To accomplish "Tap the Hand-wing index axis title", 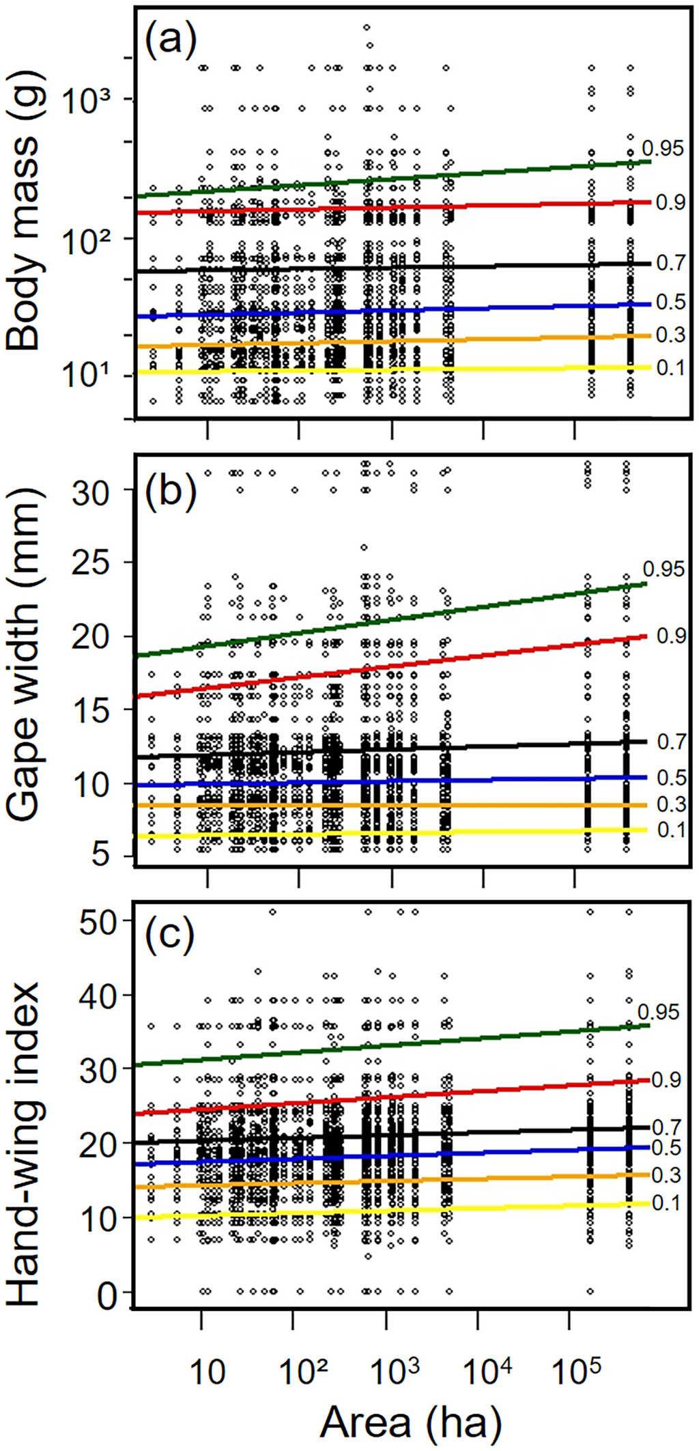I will click(26, 1110).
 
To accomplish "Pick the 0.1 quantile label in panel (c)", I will click(666, 1202).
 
